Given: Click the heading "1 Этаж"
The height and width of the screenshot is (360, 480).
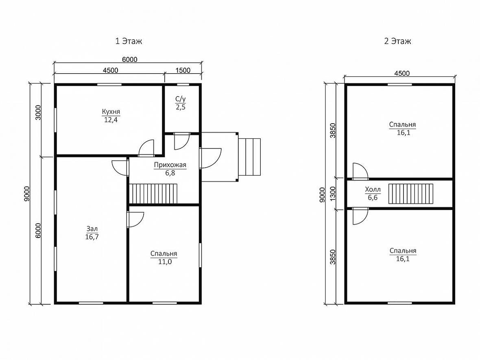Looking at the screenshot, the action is click(129, 41).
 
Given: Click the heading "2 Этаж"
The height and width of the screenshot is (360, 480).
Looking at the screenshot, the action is click(397, 41).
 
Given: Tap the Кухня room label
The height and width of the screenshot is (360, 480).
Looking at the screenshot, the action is click(111, 111).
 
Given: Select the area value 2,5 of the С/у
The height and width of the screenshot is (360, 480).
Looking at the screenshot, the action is click(181, 107).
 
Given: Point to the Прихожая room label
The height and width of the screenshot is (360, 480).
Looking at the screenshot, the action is click(170, 165).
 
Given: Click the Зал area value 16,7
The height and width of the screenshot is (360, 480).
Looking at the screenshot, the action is click(92, 237).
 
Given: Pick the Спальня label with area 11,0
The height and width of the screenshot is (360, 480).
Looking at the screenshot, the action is click(164, 254).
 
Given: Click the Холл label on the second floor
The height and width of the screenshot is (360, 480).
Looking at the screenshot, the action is click(373, 190).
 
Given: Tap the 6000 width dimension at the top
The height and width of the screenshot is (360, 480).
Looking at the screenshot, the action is click(129, 59).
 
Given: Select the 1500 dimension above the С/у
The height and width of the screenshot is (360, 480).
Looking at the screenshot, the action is click(183, 70).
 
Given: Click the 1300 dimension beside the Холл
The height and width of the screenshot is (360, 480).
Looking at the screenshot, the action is click(333, 194).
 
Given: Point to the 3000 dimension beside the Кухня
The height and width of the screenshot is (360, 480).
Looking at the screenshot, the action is click(38, 112).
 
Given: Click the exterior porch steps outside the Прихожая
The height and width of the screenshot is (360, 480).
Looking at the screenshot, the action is click(249, 157).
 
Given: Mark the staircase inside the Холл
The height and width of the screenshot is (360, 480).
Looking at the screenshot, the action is click(411, 194).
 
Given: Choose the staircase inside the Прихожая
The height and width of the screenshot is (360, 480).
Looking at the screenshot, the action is click(153, 194).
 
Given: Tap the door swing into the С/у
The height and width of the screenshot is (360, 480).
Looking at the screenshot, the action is click(182, 141).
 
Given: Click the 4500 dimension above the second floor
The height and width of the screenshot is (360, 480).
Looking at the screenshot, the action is click(402, 74).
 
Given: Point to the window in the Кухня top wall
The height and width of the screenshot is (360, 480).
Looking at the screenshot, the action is click(109, 85).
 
